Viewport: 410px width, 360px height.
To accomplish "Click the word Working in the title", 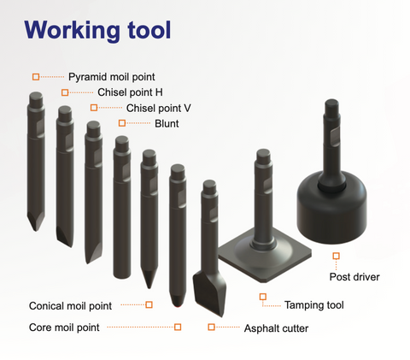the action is coord(73,31).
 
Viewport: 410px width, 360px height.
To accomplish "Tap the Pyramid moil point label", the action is coord(112,77).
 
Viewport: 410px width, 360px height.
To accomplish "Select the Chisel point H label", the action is coord(130,92).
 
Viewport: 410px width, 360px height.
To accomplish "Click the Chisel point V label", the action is coord(158,108).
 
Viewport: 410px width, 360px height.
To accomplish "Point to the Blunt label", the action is coord(167,124).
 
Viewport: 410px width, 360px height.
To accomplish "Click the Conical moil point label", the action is coord(70,306).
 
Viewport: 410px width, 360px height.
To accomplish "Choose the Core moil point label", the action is coord(64,328).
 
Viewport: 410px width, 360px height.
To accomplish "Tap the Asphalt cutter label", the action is coord(276,328).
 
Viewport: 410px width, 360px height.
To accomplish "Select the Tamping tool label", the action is coord(314,305).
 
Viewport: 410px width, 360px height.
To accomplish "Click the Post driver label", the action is coord(354,277).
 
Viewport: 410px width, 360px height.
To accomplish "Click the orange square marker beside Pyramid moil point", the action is coord(36,77).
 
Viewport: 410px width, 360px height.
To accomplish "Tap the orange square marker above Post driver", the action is coord(337,256).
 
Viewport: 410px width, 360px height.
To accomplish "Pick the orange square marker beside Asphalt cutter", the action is coord(211,327).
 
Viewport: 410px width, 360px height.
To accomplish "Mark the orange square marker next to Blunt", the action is coord(122,123).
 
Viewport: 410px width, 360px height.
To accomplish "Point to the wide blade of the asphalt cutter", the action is coord(209,293).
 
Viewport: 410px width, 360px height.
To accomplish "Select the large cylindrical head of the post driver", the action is coord(331,207).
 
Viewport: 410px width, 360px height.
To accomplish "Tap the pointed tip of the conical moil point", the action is coord(149,287).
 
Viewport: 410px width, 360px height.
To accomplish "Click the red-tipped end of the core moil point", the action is coord(178,306).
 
